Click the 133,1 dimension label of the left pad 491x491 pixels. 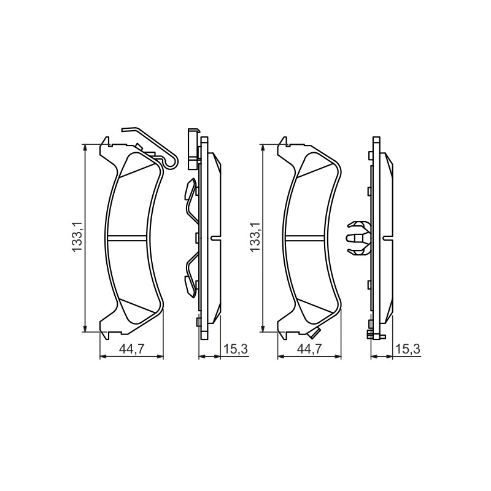77,236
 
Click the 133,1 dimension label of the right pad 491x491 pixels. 255,236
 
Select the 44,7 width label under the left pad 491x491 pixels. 131,349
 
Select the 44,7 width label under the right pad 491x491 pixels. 309,349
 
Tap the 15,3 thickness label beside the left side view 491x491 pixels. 236,349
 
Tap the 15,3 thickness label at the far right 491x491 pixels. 408,349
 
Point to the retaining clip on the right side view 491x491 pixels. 358,238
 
